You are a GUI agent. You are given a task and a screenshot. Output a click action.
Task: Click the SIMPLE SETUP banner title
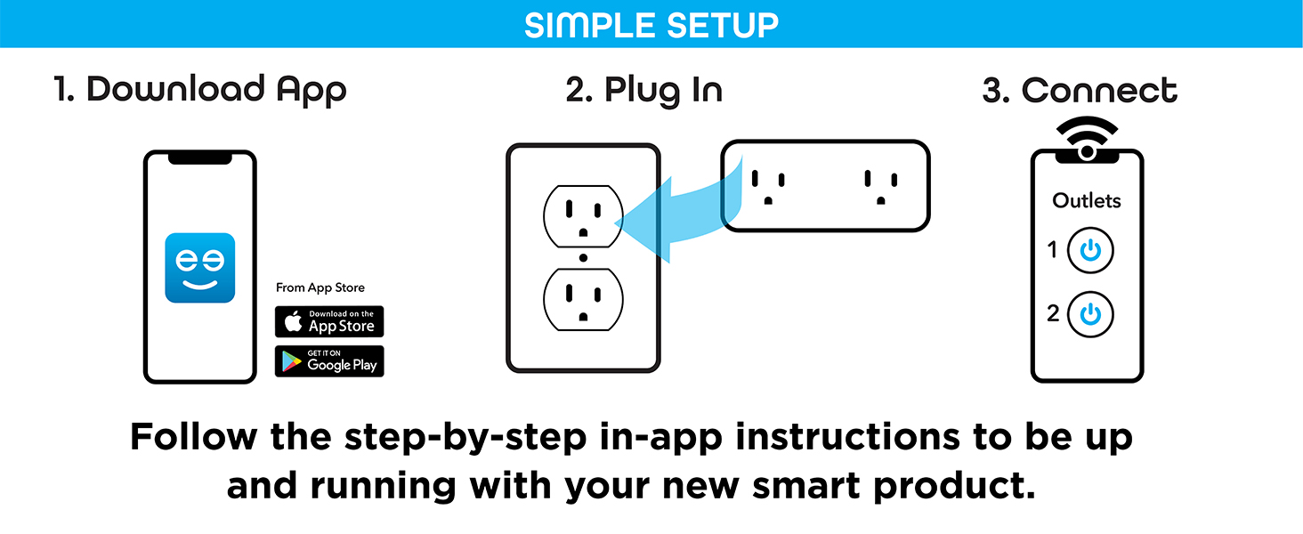[x=651, y=25]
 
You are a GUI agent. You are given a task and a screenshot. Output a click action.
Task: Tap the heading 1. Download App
[x=200, y=90]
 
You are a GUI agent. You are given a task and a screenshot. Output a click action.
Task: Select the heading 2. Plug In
[x=643, y=90]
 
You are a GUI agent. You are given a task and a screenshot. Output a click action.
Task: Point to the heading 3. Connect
[x=1080, y=90]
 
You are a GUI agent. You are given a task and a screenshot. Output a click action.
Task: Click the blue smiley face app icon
[x=200, y=268]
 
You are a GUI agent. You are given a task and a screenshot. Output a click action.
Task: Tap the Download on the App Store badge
[x=329, y=321]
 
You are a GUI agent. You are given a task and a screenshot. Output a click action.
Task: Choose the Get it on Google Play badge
[x=329, y=361]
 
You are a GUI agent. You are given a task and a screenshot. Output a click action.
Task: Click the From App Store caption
[x=320, y=287]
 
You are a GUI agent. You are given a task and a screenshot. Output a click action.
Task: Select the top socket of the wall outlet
[x=583, y=216]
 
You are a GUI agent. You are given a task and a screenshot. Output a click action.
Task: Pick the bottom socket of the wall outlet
[x=583, y=301]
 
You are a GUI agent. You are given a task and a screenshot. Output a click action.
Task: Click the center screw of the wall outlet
[x=583, y=258]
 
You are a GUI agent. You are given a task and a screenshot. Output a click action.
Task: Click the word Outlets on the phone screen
[x=1087, y=201]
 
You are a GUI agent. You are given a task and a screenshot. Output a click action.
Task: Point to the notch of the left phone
[x=200, y=158]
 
